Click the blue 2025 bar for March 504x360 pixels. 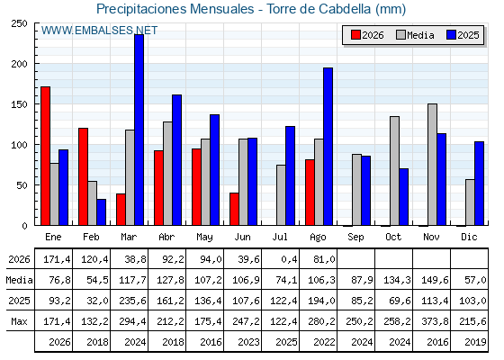(x=139, y=130)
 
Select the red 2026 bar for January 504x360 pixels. (x=45, y=156)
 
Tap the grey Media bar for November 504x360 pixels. (x=432, y=165)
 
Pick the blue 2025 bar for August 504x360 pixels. (x=328, y=147)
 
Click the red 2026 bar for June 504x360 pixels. (x=234, y=209)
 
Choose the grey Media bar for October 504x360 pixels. (x=394, y=171)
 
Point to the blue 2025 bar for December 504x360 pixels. (x=479, y=184)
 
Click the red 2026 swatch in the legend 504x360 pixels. (x=355, y=35)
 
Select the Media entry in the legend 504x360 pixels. (x=415, y=35)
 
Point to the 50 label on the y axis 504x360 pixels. (x=22, y=185)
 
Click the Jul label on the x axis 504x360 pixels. (x=280, y=238)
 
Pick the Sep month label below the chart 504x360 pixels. (x=355, y=238)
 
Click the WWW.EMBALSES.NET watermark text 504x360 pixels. (x=99, y=31)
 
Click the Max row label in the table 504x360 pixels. (x=19, y=321)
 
